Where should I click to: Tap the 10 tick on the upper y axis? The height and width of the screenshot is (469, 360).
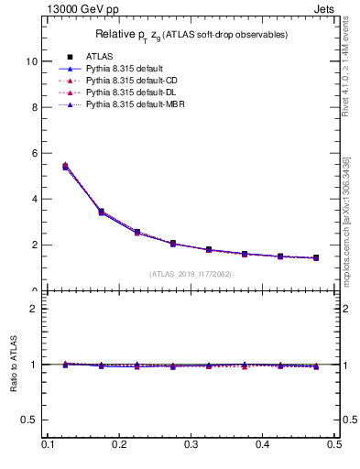[33, 61]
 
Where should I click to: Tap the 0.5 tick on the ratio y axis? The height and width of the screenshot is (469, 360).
[32, 420]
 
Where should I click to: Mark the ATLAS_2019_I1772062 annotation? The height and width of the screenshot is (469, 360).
[191, 274]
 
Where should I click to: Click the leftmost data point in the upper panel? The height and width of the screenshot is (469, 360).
[65, 166]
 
